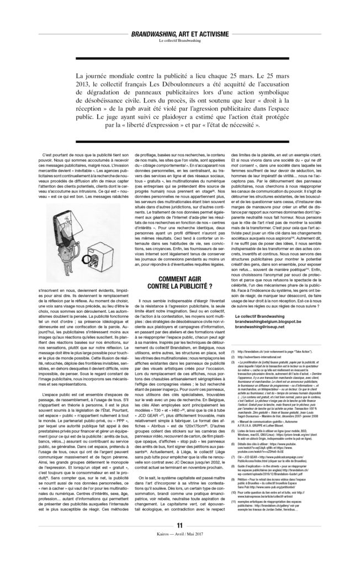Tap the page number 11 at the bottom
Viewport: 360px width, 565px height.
(179, 540)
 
